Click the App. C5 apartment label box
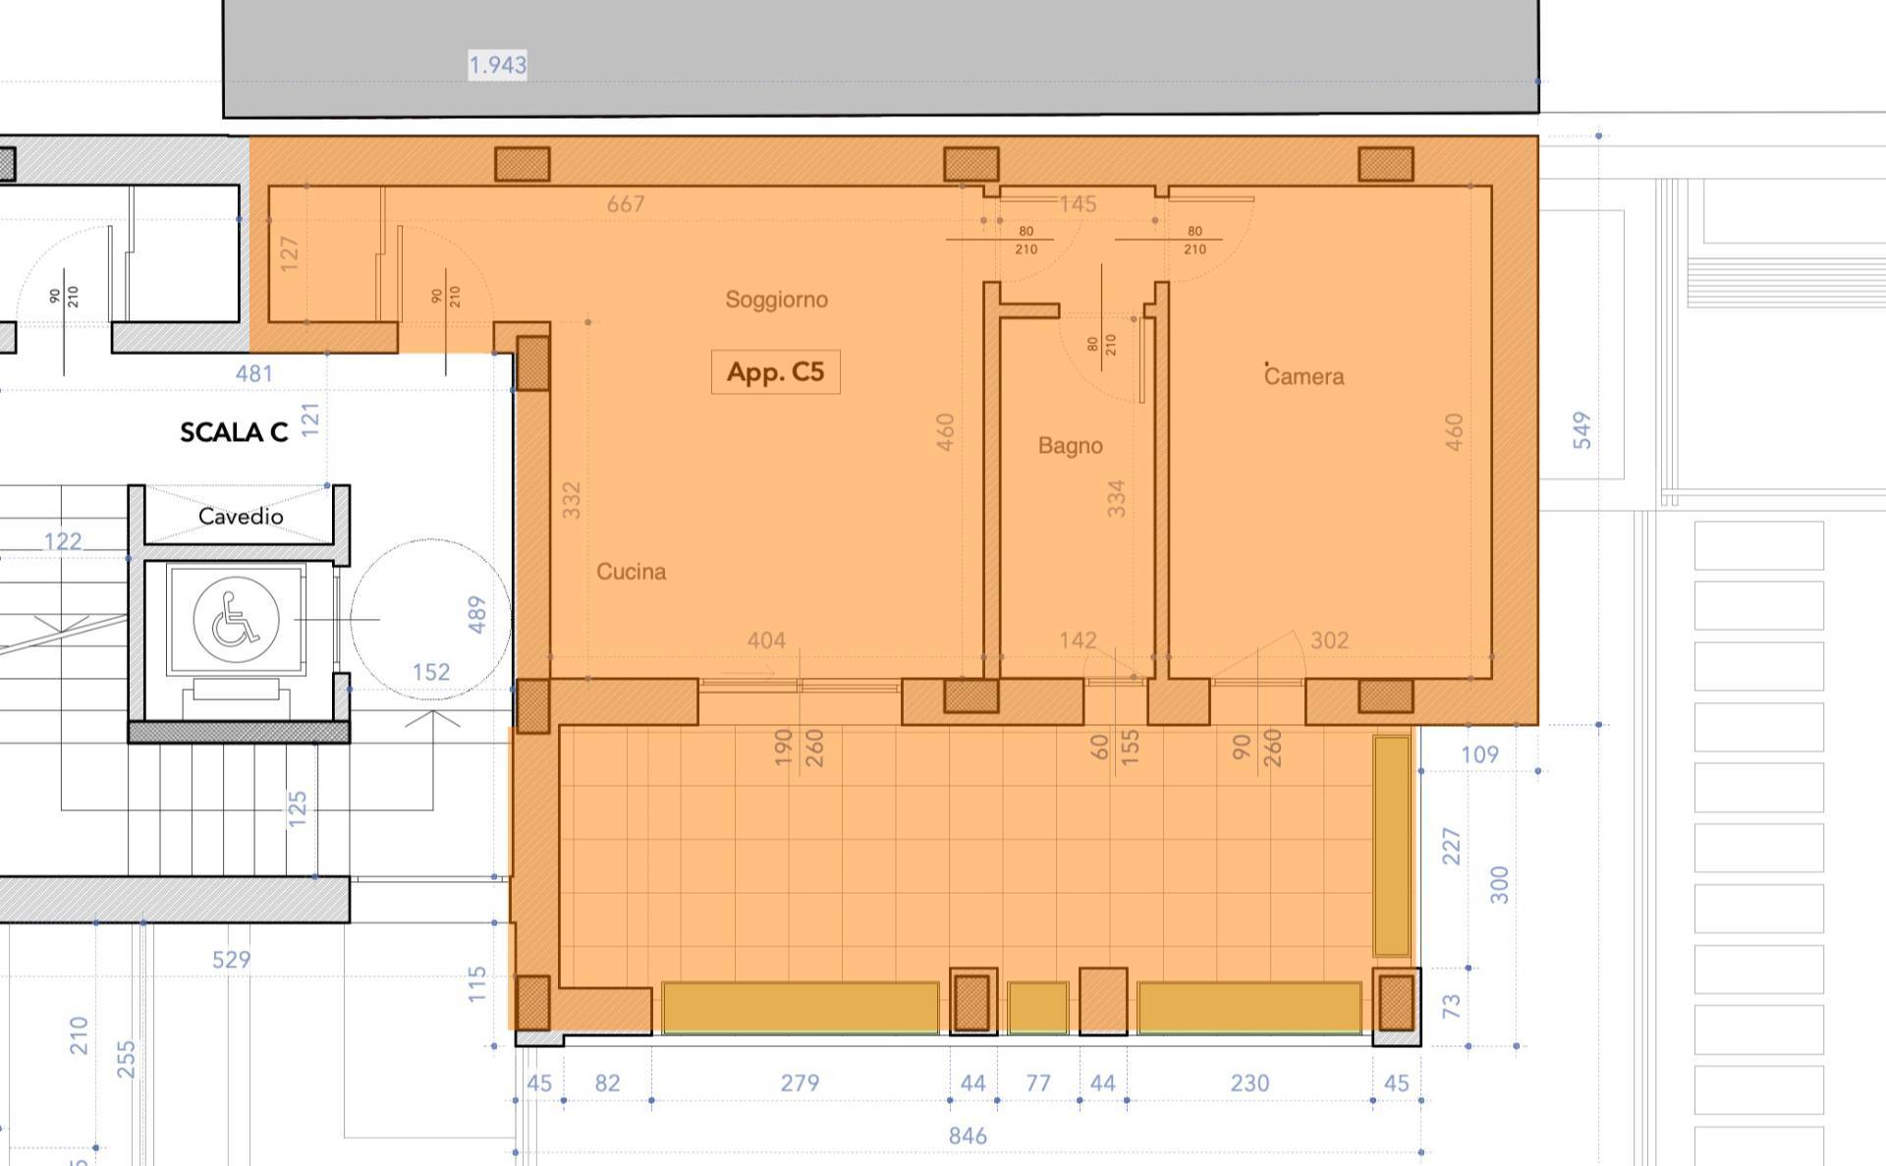(775, 372)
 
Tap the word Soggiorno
(776, 300)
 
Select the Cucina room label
(631, 572)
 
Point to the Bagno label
(1070, 446)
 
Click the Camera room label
(1304, 376)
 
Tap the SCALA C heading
(234, 432)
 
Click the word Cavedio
(241, 517)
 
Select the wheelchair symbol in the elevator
(236, 620)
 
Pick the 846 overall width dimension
(968, 1137)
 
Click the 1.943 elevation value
(497, 66)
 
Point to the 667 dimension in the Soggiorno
(626, 204)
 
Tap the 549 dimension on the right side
(1581, 430)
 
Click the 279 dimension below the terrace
(800, 1083)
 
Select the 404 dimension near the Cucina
(766, 641)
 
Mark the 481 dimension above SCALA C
(253, 374)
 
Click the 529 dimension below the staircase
(231, 960)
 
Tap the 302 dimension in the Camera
(1329, 641)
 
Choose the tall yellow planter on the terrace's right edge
(1391, 846)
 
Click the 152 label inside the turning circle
(431, 672)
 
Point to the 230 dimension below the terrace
(1249, 1083)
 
